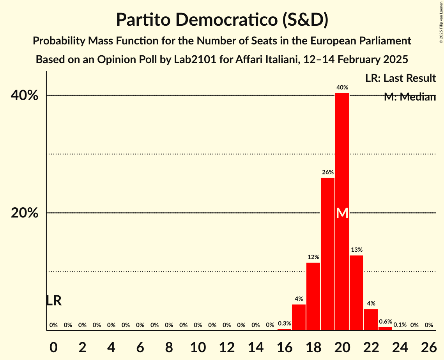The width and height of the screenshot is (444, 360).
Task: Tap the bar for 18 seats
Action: click(313, 296)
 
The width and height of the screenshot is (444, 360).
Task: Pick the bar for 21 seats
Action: click(356, 293)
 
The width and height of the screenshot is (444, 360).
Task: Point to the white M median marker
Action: click(342, 213)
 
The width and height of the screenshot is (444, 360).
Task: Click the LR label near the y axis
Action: click(53, 301)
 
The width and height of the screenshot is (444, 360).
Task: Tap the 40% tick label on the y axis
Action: click(27, 95)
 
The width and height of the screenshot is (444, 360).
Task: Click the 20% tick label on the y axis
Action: click(27, 213)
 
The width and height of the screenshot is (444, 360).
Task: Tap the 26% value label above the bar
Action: click(327, 172)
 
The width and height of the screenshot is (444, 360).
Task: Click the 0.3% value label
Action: click(284, 323)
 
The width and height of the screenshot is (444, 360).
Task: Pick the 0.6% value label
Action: click(385, 322)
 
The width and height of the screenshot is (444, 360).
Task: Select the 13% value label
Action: click(356, 250)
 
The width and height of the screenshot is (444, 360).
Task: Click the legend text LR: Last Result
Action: click(400, 78)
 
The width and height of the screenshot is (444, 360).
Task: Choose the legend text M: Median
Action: click(409, 97)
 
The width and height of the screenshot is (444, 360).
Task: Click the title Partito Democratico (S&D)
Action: click(222, 19)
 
